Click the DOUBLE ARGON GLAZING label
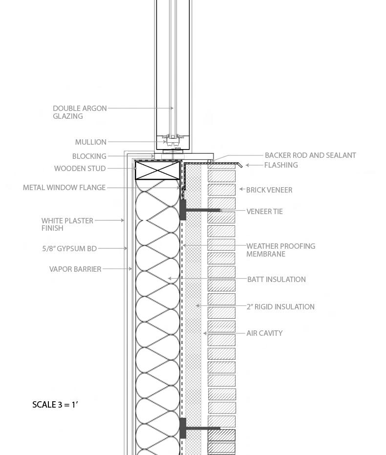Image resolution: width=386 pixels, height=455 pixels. click(x=80, y=112)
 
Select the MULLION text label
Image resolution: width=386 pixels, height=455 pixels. click(x=90, y=142)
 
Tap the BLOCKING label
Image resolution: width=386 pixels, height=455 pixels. click(x=89, y=156)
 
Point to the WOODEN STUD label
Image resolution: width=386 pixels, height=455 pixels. click(x=80, y=169)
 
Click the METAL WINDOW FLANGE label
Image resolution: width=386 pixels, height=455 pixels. click(x=64, y=188)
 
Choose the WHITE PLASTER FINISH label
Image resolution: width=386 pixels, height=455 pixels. click(x=67, y=224)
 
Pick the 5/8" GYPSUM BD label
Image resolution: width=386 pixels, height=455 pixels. click(x=69, y=249)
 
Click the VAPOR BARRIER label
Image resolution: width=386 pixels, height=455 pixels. click(x=75, y=269)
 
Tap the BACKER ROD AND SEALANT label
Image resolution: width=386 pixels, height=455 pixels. click(x=310, y=155)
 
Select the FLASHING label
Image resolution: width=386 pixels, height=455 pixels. click(x=281, y=165)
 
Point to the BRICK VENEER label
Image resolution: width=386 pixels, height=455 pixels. click(x=269, y=190)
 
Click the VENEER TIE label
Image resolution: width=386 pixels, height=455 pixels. click(x=264, y=212)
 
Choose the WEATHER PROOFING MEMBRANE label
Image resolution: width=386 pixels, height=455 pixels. click(x=280, y=250)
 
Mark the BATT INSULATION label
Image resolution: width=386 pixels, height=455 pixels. click(x=276, y=280)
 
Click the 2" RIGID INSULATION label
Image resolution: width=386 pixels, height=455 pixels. click(x=280, y=307)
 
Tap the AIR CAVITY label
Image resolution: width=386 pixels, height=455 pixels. click(x=264, y=333)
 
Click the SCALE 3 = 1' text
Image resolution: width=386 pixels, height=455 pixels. click(x=55, y=405)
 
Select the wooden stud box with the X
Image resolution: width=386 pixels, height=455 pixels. click(x=157, y=171)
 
